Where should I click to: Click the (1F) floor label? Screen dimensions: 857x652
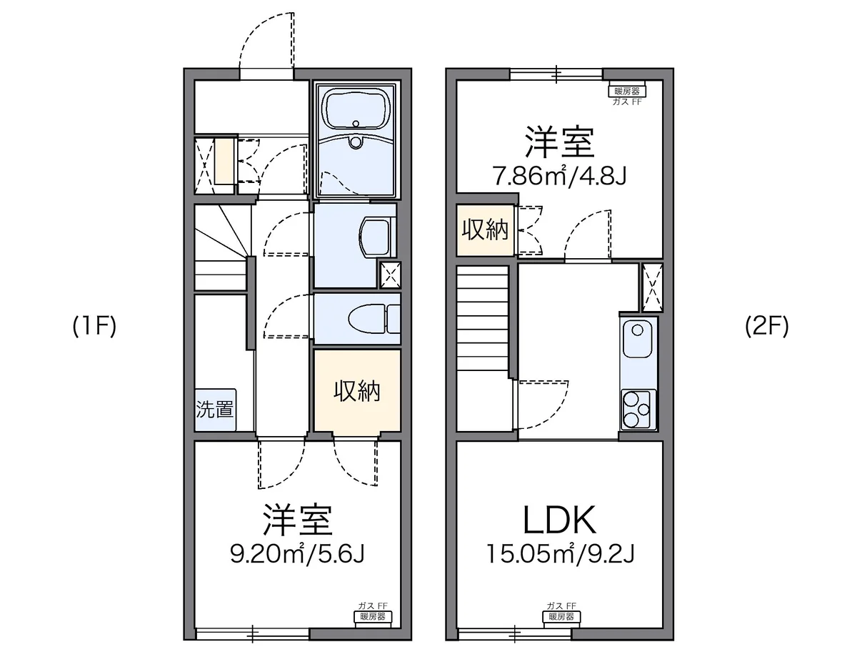tap(94, 326)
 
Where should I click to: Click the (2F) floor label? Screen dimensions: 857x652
tap(766, 326)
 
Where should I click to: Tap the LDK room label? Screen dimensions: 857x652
tap(559, 520)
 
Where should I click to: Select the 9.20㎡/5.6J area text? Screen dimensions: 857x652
tap(297, 554)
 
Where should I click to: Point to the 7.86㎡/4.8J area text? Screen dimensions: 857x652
tap(559, 176)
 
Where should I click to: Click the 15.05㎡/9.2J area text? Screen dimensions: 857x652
tap(560, 554)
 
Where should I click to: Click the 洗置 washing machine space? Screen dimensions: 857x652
tap(215, 410)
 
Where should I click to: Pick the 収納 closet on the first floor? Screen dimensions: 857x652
tap(357, 390)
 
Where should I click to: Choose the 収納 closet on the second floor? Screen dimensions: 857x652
tap(486, 230)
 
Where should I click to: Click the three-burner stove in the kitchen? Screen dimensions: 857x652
tap(638, 410)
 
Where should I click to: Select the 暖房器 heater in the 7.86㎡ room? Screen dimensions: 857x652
tap(627, 91)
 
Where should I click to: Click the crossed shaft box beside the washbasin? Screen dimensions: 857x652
tap(391, 275)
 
